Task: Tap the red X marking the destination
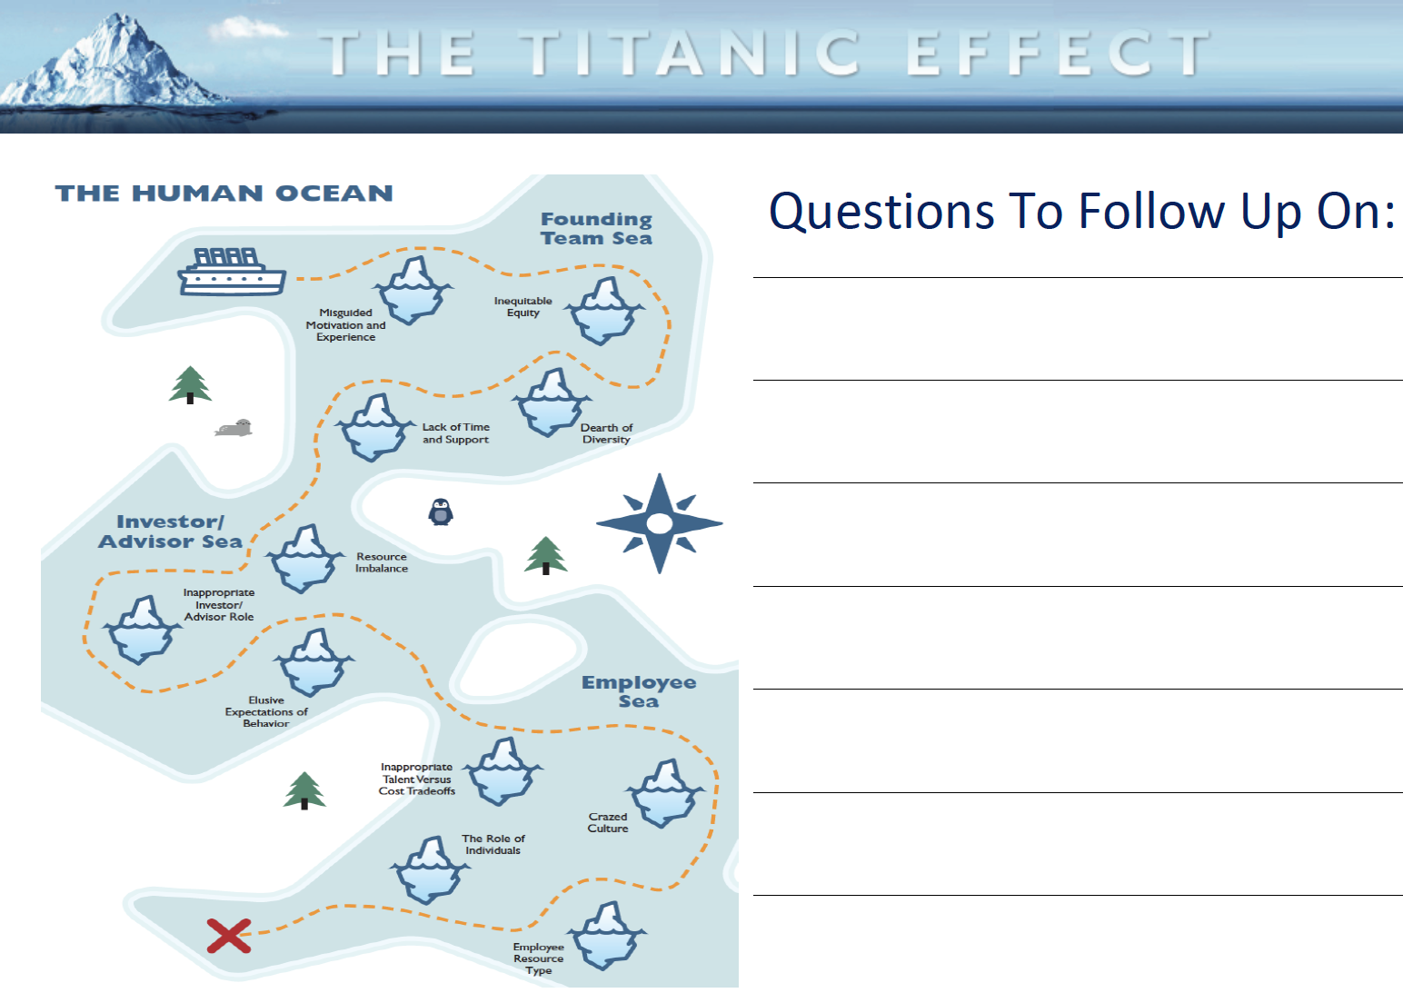tap(229, 936)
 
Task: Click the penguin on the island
tap(441, 511)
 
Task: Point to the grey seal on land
tap(234, 428)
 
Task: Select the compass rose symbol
tap(659, 522)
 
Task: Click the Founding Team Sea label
tap(596, 229)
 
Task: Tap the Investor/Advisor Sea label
tap(170, 531)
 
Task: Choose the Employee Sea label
tap(638, 691)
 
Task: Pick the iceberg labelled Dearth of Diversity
tap(552, 402)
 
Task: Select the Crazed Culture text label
tap(608, 822)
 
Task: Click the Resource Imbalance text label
tap(382, 562)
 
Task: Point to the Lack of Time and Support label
tap(455, 432)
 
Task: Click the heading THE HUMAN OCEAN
tap(224, 193)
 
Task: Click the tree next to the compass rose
tap(545, 555)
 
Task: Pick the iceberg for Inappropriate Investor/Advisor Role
tap(143, 630)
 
